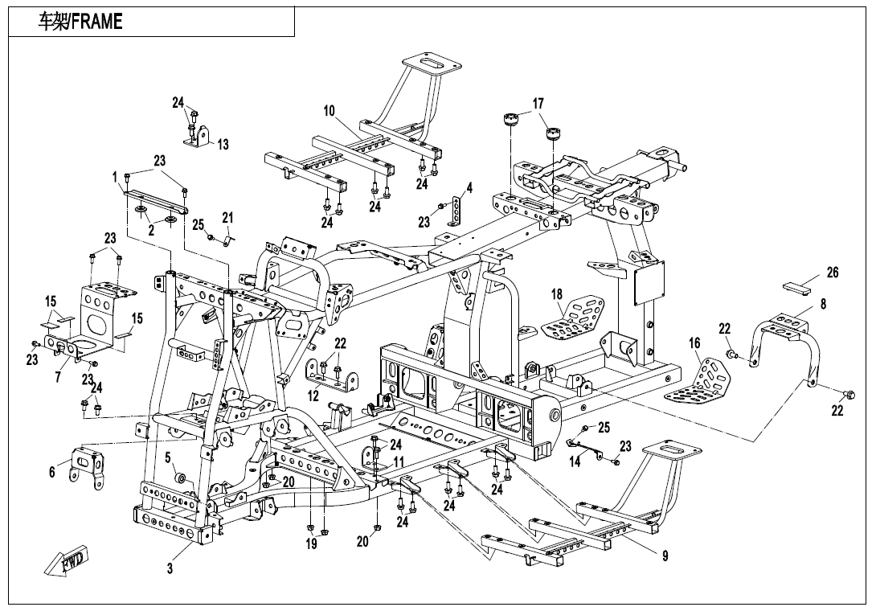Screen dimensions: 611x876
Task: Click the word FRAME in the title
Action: [x=97, y=22]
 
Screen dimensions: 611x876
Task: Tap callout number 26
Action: [x=833, y=273]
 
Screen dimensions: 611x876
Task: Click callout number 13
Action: [x=223, y=145]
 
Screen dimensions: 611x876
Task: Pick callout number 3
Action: [x=170, y=568]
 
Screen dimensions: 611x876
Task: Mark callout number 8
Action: [x=823, y=304]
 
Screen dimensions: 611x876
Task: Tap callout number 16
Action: [x=694, y=343]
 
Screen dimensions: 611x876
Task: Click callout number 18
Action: [x=557, y=294]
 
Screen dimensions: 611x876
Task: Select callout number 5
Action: [x=169, y=457]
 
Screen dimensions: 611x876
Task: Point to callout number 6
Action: [x=52, y=472]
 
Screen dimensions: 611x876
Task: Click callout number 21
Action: [x=227, y=218]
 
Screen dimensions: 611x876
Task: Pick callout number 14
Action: [x=575, y=462]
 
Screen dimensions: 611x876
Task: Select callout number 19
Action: [x=311, y=544]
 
